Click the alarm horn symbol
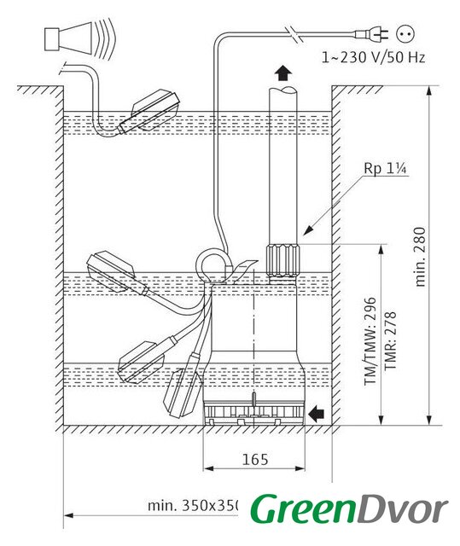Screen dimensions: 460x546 coord(79,39)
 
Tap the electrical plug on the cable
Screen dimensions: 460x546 coord(371,34)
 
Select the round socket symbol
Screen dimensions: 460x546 coord(405,34)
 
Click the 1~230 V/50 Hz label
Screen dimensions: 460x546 coord(373,57)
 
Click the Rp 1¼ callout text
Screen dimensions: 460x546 coord(386,168)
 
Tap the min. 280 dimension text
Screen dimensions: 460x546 coord(421,257)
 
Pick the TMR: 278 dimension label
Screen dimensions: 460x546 coord(390,340)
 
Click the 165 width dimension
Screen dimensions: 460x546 coord(255,459)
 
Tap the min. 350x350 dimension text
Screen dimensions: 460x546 coord(194,506)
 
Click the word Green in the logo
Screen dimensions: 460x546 coord(302,509)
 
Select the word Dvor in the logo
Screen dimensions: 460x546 coord(401,509)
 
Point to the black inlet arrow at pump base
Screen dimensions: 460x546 coord(317,413)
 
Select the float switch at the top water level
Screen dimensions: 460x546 coord(149,112)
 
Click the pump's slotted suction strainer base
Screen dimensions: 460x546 coord(254,414)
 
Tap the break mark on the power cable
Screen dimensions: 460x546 coord(295,34)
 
